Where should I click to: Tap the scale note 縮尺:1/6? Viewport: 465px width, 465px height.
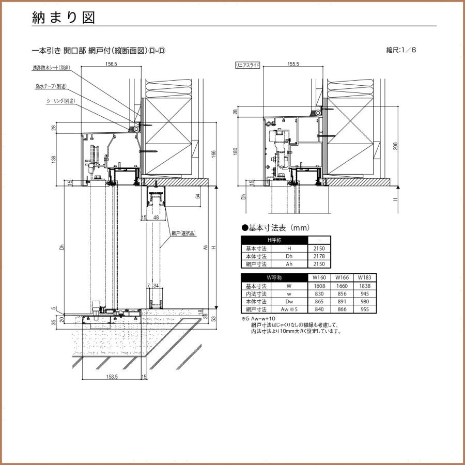401,50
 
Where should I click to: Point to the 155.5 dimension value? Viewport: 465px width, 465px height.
292,64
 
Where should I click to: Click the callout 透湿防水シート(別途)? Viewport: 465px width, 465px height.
51,68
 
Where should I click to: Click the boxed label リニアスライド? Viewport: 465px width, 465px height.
247,65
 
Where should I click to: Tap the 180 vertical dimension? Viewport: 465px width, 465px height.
236,151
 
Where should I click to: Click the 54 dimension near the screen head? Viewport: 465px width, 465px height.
198,196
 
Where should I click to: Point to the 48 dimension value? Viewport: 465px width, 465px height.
156,218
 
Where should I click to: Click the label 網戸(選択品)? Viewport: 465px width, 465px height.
184,234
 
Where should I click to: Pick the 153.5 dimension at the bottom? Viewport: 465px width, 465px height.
113,377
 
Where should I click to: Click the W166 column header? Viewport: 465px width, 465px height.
342,277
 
